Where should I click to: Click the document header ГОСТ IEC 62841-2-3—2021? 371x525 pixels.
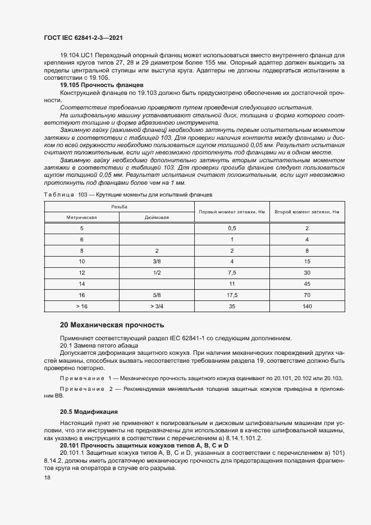click(x=83, y=38)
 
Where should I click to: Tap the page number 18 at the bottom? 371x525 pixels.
click(x=47, y=477)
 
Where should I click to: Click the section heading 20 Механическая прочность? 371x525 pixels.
click(x=112, y=325)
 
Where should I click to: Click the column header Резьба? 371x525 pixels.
click(x=119, y=207)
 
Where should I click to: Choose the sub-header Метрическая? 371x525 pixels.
click(x=82, y=217)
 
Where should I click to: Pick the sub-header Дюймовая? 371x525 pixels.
click(x=157, y=217)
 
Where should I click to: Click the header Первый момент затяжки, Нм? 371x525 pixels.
click(x=231, y=212)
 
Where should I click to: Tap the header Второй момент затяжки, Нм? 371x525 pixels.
click(x=307, y=212)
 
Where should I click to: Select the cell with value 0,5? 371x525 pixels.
click(x=231, y=229)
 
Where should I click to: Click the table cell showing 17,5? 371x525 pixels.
click(x=231, y=295)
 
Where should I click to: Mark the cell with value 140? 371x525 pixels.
click(x=307, y=306)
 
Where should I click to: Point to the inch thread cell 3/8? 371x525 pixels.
click(x=157, y=262)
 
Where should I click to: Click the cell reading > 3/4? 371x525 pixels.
click(x=157, y=306)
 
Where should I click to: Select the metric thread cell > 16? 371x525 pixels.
click(x=82, y=306)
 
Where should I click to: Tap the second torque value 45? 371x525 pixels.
click(x=307, y=284)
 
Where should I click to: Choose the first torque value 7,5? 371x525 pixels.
click(x=231, y=273)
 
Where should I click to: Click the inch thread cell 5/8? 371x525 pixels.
click(x=157, y=295)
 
